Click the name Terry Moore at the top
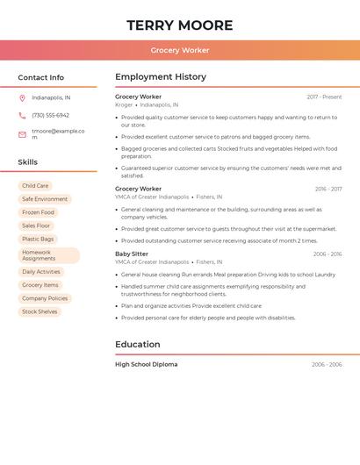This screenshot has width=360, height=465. (x=179, y=25)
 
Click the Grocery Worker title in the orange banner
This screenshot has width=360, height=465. (x=180, y=51)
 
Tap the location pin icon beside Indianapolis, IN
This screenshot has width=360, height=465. (x=22, y=97)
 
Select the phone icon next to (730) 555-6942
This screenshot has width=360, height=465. (x=22, y=115)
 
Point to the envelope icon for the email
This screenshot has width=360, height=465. (x=22, y=133)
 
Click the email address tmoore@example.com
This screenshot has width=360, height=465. (x=58, y=133)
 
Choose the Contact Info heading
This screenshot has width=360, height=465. (x=40, y=77)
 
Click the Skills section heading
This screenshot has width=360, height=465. (x=27, y=162)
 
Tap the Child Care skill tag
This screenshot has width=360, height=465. (x=35, y=186)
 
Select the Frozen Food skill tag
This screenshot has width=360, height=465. (x=38, y=212)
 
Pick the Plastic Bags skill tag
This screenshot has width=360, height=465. (x=38, y=239)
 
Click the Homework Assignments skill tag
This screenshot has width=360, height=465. (x=48, y=255)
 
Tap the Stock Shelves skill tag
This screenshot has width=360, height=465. (x=40, y=311)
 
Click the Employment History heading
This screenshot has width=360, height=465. (x=161, y=77)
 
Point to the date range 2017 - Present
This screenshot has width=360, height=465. (x=324, y=97)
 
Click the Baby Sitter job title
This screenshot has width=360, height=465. (x=132, y=254)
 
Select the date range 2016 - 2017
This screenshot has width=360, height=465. (x=328, y=189)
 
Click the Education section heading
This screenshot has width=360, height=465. (x=139, y=345)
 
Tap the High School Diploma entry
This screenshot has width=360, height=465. (x=146, y=364)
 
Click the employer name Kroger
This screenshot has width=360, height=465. (x=124, y=104)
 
